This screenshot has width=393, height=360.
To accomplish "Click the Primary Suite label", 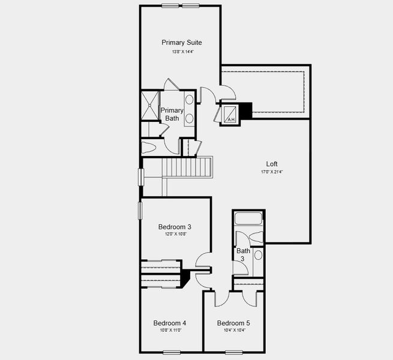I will [181, 43].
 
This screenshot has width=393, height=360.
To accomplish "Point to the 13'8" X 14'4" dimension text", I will [182, 52].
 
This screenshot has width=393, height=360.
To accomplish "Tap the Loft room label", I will [272, 163].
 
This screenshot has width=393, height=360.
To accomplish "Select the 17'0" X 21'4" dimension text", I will [272, 172].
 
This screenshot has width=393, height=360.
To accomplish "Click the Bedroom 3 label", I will [175, 227].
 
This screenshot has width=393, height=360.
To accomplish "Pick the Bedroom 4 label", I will [169, 322].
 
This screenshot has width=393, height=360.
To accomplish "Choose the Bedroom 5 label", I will [233, 323].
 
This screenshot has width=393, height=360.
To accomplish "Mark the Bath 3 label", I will [243, 254].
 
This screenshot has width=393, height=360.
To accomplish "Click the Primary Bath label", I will [172, 114].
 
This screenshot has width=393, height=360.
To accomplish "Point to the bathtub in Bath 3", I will [248, 218].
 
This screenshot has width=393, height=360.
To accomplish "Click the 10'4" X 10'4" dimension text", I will [233, 331].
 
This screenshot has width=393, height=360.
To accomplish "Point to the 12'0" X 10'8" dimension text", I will [175, 235].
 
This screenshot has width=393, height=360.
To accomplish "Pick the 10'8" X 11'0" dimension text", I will [170, 330].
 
